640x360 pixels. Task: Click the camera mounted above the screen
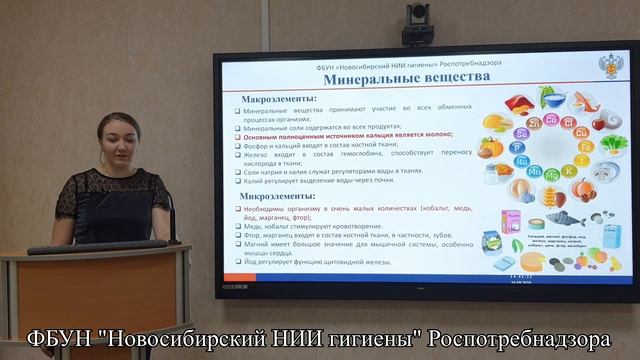point(417,15)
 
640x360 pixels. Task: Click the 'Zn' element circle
point(534,122)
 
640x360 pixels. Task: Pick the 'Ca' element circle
point(549,120)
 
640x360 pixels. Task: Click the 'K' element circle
point(569,171)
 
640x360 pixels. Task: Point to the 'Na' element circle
point(521,160)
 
